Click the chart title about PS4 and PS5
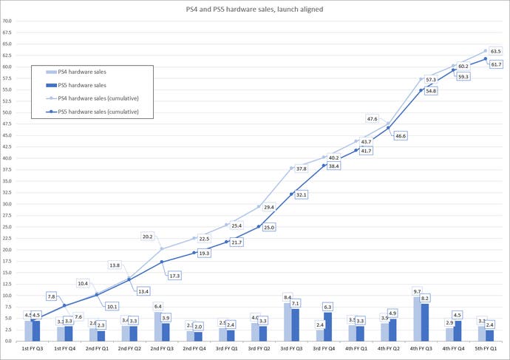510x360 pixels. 255,8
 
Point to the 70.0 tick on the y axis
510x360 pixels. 7,21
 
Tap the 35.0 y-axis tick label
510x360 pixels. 7,181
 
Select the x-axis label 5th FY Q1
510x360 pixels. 486,348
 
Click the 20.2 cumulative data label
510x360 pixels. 146,237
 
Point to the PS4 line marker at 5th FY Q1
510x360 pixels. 486,51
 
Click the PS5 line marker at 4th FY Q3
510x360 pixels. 421,90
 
